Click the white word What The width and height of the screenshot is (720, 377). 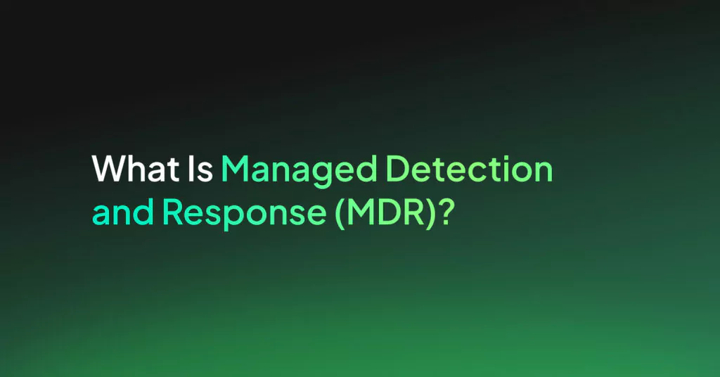pyautogui.click(x=136, y=169)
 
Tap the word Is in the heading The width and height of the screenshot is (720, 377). pyautogui.click(x=200, y=169)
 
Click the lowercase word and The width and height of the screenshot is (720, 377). pyautogui.click(x=122, y=212)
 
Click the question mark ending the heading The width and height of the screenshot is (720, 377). pyautogui.click(x=446, y=212)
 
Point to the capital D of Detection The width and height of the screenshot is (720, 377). pyautogui.click(x=399, y=169)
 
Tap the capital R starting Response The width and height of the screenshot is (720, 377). pyautogui.click(x=173, y=212)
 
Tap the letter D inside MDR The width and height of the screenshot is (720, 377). pyautogui.click(x=390, y=212)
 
